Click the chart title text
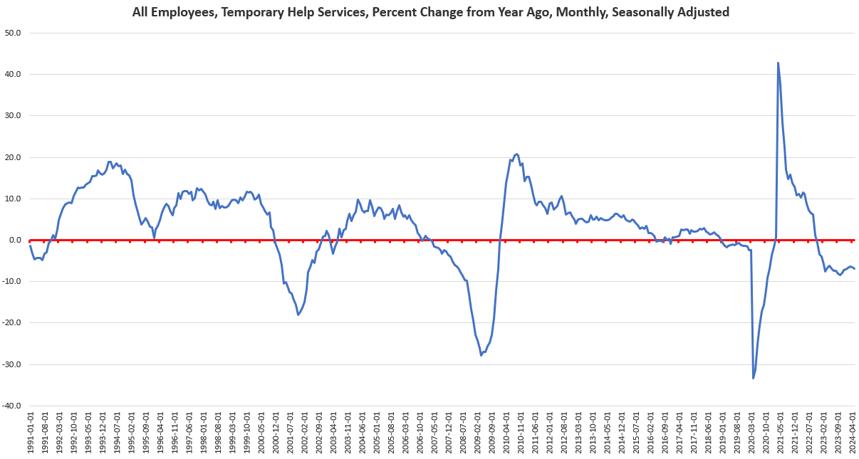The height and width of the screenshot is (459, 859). [430, 12]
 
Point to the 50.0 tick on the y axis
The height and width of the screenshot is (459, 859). [14, 33]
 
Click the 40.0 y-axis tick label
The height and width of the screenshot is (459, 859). [14, 74]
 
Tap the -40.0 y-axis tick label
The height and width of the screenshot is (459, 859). [13, 406]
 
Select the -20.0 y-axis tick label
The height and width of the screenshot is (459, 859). [13, 323]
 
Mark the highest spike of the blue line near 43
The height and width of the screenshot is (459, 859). [778, 63]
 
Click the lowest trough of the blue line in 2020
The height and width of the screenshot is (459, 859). [754, 378]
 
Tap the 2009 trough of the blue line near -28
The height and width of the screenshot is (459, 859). [481, 354]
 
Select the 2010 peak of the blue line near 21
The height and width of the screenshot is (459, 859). [516, 154]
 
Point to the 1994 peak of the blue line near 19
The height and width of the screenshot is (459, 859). [110, 162]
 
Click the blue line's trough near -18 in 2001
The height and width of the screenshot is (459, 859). [298, 315]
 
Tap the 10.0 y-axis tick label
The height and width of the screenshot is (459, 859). [14, 199]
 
